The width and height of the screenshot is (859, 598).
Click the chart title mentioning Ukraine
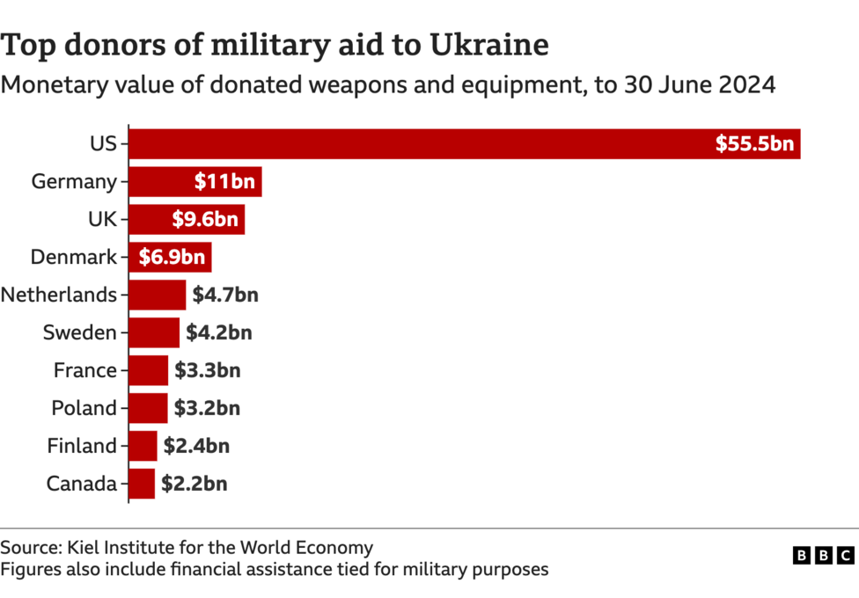(275, 44)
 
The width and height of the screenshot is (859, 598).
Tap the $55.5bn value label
(754, 143)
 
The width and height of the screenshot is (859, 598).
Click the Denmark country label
(74, 257)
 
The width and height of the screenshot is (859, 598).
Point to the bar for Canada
(142, 484)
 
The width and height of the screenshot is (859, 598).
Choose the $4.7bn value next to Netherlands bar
(225, 295)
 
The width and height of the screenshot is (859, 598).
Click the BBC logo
(823, 555)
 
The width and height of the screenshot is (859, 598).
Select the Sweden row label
(80, 332)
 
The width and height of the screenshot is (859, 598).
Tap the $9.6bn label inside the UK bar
(205, 219)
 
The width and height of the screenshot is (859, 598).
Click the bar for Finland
(143, 446)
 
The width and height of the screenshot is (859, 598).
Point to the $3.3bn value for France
(207, 370)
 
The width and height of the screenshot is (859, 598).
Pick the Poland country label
(84, 408)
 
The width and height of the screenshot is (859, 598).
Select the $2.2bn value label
(194, 484)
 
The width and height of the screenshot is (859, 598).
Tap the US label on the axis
(103, 143)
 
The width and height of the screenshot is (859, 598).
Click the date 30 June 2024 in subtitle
(700, 85)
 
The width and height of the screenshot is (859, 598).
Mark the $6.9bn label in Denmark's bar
(172, 257)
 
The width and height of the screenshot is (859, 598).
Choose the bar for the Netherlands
(158, 295)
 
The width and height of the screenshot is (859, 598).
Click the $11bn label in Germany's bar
(224, 182)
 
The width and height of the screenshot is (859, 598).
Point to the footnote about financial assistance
(275, 569)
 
